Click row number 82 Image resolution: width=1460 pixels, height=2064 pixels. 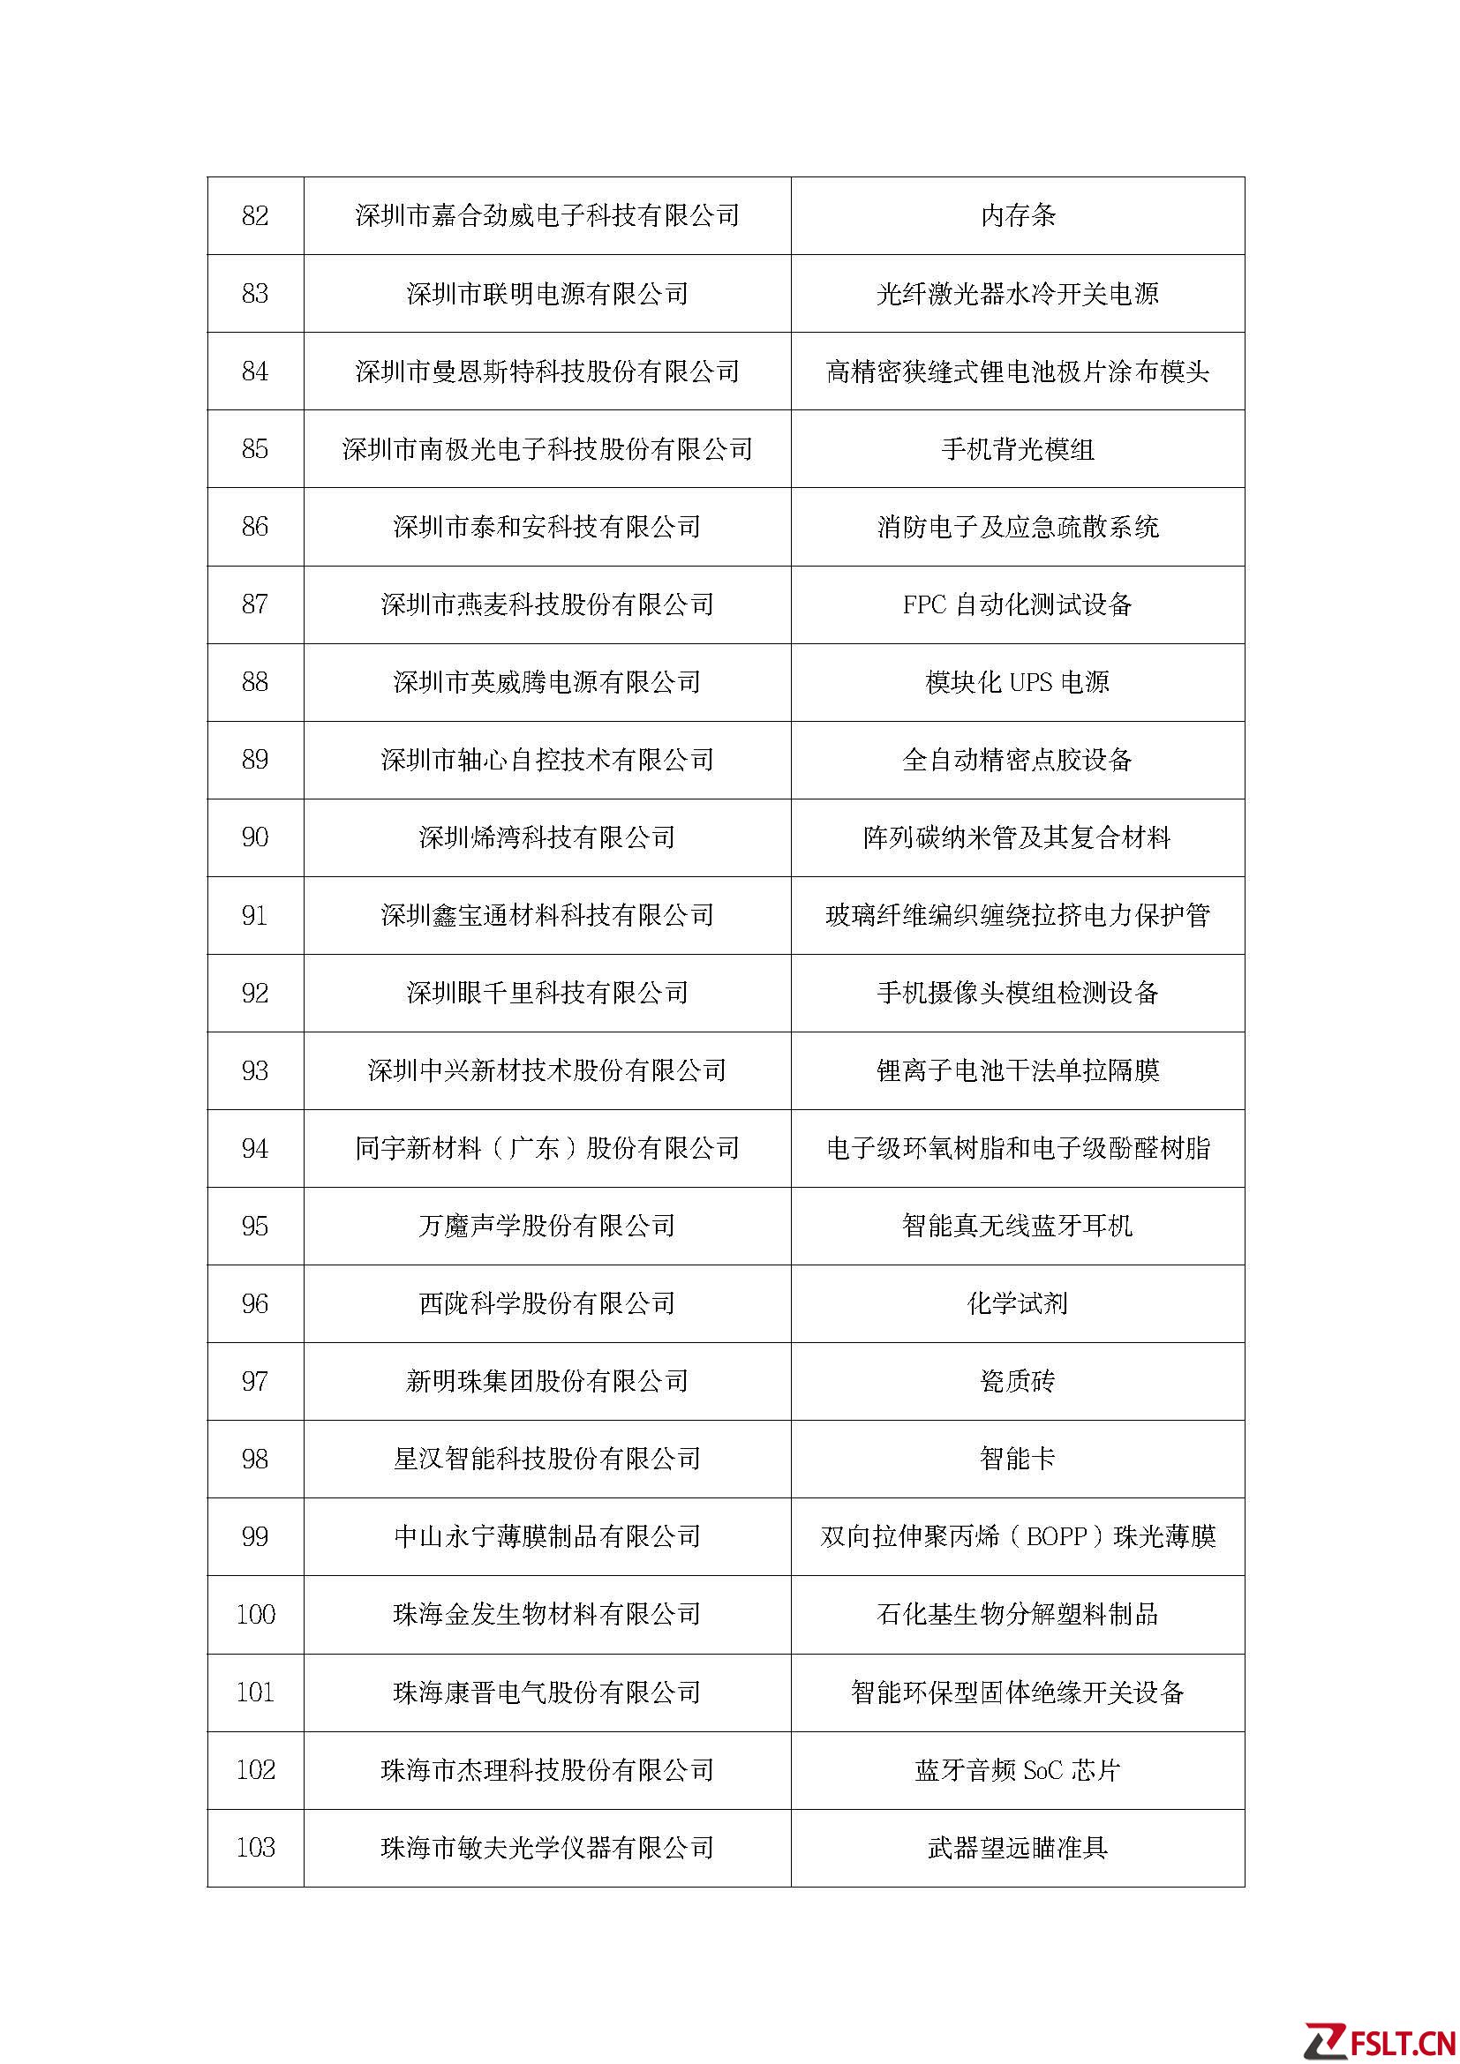click(255, 215)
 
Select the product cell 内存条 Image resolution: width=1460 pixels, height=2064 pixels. click(1018, 215)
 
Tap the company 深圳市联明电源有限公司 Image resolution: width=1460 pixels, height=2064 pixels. click(546, 294)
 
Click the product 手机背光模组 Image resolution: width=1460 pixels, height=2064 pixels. click(1018, 449)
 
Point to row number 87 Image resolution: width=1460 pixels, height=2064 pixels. click(255, 604)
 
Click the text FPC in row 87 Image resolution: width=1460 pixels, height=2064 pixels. click(924, 605)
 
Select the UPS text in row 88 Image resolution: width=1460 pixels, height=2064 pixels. click(1030, 682)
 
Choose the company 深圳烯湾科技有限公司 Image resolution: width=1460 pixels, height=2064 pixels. click(546, 837)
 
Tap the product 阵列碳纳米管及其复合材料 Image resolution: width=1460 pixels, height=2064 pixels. click(1018, 837)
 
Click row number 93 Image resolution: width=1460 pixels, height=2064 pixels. click(255, 1070)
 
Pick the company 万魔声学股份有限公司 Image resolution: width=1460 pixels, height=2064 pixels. click(546, 1227)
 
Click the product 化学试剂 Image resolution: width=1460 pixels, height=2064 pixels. click(1018, 1304)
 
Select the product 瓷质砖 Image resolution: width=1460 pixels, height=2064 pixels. click(1018, 1382)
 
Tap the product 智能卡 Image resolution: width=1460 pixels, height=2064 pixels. click(1018, 1459)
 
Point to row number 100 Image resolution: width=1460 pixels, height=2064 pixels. click(255, 1615)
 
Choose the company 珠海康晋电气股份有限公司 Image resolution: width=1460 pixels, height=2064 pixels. click(546, 1692)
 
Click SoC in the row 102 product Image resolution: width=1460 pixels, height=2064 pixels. click(1042, 1771)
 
